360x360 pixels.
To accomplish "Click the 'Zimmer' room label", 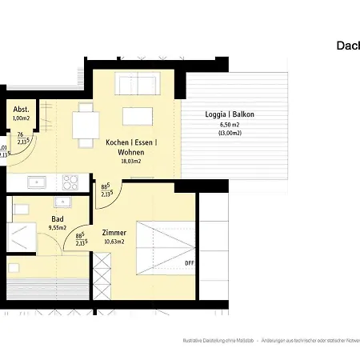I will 114,233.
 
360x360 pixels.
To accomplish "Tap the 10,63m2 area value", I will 114,242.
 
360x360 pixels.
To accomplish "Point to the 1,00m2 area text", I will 22,119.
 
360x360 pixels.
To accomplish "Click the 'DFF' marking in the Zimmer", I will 189,262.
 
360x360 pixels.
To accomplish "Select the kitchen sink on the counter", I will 37,182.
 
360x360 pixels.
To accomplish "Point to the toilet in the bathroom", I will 21,210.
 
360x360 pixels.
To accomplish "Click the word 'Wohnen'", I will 131,152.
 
